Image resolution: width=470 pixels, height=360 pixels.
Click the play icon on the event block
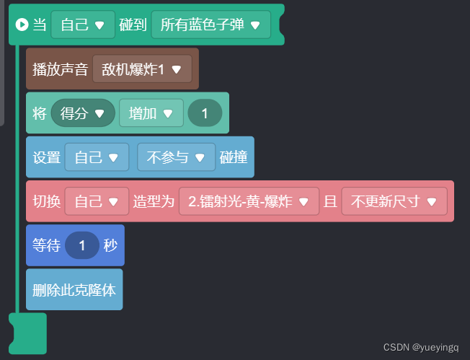click(22, 25)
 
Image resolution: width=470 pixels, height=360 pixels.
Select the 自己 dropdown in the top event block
click(83, 25)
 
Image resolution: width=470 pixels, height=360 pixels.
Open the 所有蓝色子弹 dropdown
click(210, 25)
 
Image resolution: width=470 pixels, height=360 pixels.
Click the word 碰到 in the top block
click(133, 25)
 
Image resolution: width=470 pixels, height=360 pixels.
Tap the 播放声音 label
click(61, 69)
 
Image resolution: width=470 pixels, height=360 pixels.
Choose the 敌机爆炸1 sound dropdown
click(142, 69)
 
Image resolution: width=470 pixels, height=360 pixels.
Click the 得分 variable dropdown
click(83, 113)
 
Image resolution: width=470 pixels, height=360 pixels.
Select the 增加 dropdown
click(151, 113)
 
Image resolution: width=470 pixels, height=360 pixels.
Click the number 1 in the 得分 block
click(205, 113)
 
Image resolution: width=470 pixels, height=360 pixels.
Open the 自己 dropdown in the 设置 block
click(97, 157)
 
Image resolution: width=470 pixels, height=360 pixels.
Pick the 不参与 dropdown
click(176, 157)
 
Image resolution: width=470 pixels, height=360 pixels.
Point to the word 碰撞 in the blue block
click(234, 157)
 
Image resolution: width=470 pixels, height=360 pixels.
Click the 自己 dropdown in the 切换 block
click(97, 201)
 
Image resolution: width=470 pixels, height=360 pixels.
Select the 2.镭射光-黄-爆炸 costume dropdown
click(248, 201)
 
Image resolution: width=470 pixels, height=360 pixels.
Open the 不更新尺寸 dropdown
click(394, 201)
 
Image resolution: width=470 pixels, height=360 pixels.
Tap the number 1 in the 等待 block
click(82, 245)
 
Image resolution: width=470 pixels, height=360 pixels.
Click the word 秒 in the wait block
click(110, 245)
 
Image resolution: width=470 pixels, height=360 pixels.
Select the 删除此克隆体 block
click(74, 290)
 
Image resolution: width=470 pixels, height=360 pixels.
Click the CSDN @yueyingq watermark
click(420, 348)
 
